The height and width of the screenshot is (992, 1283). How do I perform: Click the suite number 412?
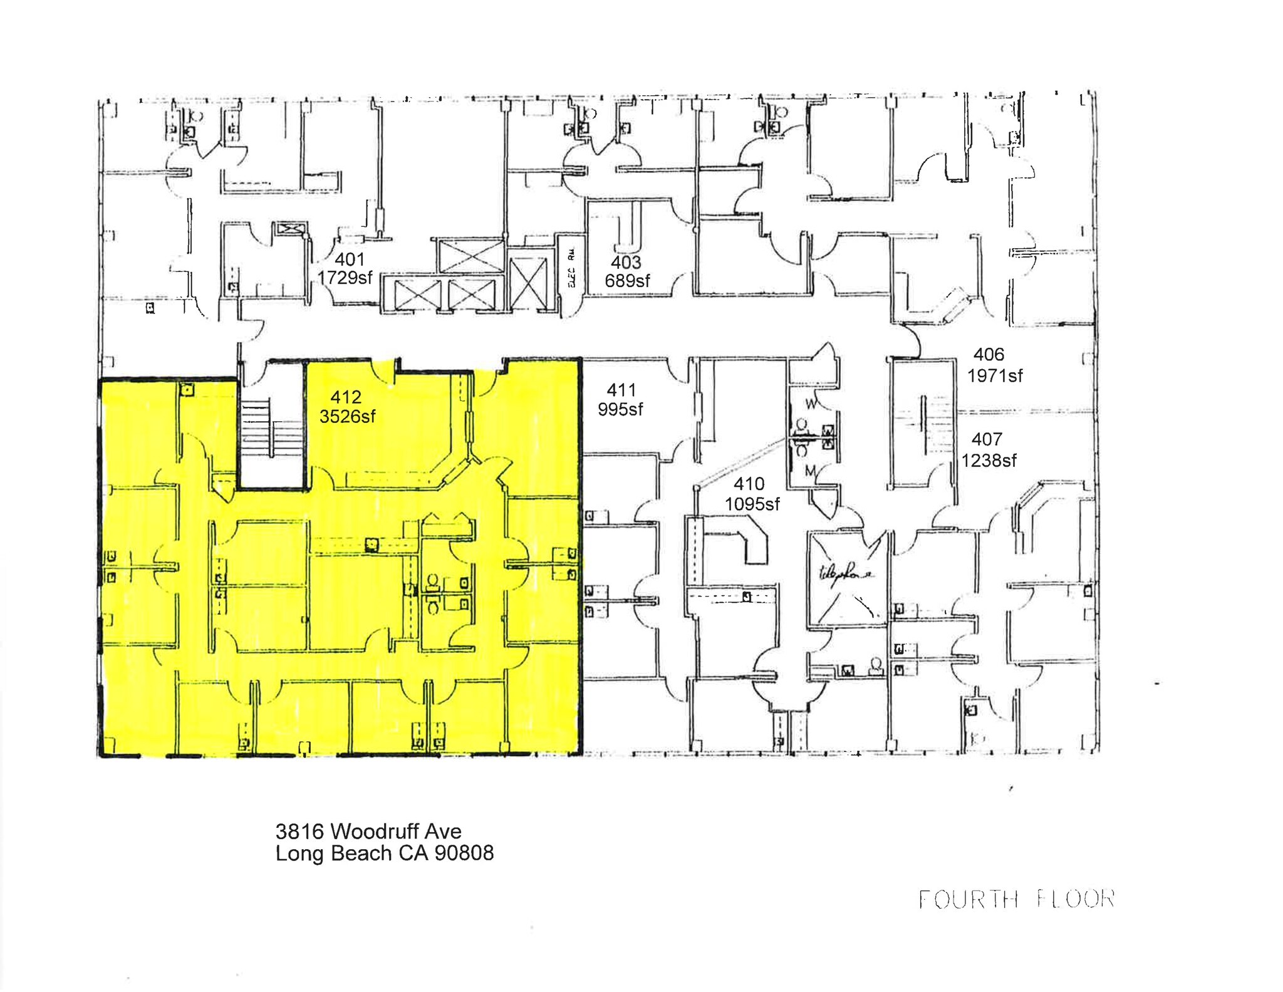click(x=346, y=397)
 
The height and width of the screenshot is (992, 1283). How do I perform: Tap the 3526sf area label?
click(x=347, y=416)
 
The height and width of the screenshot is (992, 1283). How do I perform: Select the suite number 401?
click(x=350, y=259)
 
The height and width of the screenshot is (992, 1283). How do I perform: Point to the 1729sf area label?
click(x=345, y=277)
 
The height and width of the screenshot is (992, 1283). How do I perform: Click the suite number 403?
click(x=626, y=262)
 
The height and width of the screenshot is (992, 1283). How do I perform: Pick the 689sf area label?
click(x=626, y=281)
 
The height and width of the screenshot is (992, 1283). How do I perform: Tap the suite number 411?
click(x=621, y=390)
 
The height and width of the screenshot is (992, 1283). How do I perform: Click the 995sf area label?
click(x=620, y=409)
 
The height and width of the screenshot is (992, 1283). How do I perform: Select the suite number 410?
click(x=749, y=484)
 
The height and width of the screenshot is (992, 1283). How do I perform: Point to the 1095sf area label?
click(x=752, y=503)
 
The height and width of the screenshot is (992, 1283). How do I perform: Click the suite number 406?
click(x=989, y=355)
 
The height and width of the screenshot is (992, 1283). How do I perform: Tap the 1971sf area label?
click(x=994, y=375)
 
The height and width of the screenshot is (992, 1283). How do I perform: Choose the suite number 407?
click(x=987, y=439)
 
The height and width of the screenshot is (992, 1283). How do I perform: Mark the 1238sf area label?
click(x=989, y=461)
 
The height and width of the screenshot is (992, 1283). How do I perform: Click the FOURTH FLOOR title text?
click(x=1015, y=899)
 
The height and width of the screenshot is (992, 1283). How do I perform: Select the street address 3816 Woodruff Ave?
click(x=368, y=831)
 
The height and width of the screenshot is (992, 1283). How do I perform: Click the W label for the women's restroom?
click(x=811, y=404)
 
